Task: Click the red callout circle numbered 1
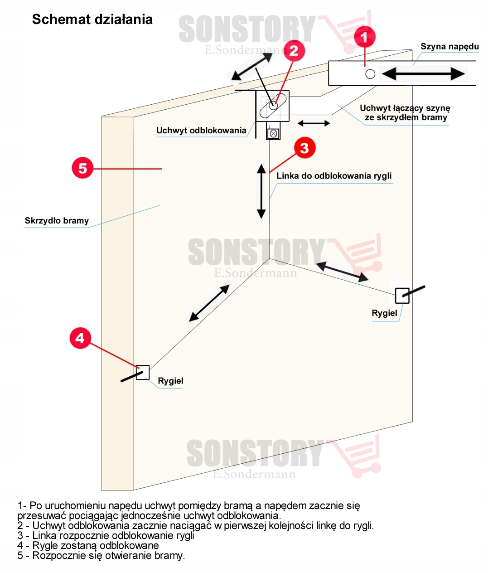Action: (x=364, y=36)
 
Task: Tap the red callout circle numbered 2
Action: (x=294, y=50)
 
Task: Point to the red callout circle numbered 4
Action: (x=80, y=338)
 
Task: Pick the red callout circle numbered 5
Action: (x=82, y=168)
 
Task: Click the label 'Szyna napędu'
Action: (x=449, y=46)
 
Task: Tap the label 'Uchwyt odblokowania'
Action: (x=201, y=131)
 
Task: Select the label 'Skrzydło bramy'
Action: (x=57, y=221)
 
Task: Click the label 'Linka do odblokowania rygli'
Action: (x=334, y=176)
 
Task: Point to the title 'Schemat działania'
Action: (x=92, y=19)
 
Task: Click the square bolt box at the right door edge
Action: (x=402, y=296)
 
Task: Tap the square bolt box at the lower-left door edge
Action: (x=143, y=372)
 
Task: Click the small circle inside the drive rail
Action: (x=370, y=74)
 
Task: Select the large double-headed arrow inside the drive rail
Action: (x=423, y=73)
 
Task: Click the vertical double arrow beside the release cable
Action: (x=261, y=191)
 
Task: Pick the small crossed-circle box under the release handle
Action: (x=273, y=133)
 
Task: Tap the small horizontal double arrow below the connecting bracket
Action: (x=314, y=123)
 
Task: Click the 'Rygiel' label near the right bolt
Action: (x=384, y=313)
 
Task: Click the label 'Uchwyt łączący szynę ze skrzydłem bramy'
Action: (x=405, y=113)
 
